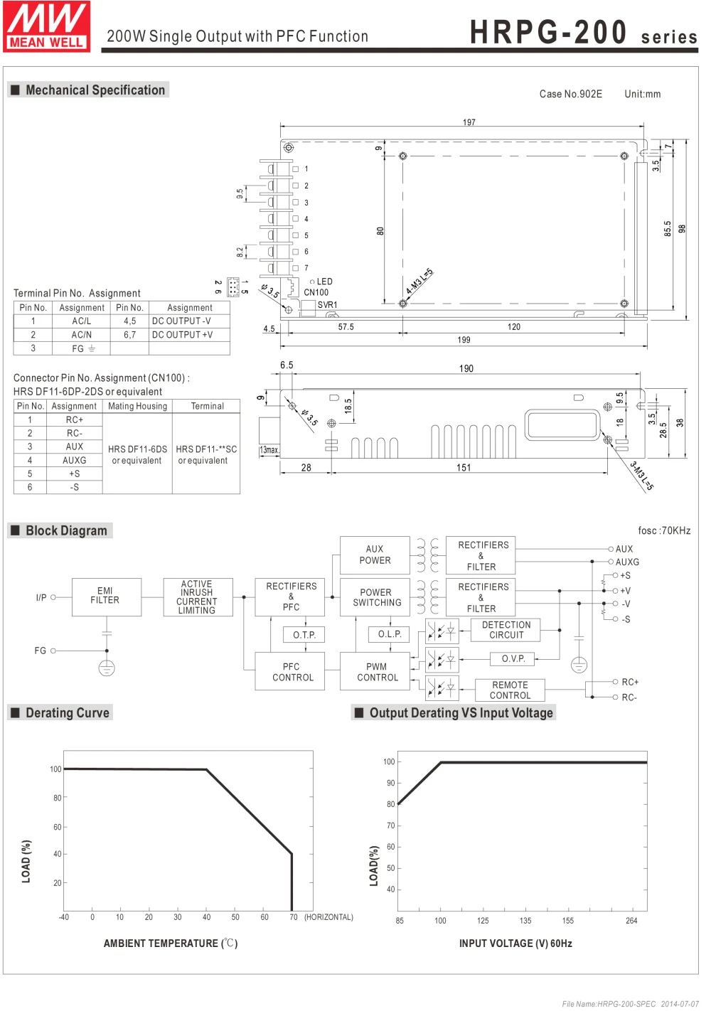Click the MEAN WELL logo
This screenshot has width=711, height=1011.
46,26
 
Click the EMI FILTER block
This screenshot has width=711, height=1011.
107,597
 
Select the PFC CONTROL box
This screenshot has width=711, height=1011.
290,671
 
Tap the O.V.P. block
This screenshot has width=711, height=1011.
513,658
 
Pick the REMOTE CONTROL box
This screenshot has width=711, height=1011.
510,690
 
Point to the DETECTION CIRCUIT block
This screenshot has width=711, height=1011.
506,630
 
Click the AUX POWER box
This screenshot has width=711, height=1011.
375,555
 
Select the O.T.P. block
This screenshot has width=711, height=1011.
304,635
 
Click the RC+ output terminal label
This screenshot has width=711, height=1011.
630,682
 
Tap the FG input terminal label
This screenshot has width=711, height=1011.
41,651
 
